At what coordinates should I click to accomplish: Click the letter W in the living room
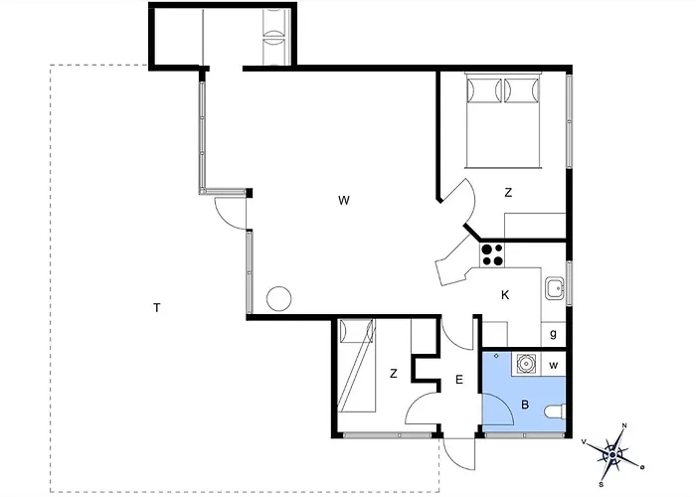(x=344, y=200)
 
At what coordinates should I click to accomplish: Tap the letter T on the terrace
(x=156, y=307)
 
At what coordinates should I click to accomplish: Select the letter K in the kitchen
(x=505, y=295)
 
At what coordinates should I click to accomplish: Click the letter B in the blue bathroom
(x=525, y=405)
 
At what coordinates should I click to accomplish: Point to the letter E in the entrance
(x=459, y=380)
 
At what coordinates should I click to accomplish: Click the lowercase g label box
(x=553, y=335)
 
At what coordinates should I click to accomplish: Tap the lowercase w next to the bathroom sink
(x=553, y=366)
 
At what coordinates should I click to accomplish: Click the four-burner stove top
(x=492, y=255)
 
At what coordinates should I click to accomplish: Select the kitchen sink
(x=555, y=288)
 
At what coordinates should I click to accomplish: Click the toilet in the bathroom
(x=555, y=412)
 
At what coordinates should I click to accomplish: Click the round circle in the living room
(x=279, y=298)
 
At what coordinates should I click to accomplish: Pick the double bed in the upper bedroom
(x=503, y=120)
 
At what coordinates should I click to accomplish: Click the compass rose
(x=613, y=455)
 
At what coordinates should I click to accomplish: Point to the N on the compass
(x=624, y=426)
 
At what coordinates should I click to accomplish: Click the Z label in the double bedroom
(x=508, y=193)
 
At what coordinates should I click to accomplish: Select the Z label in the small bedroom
(x=394, y=374)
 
